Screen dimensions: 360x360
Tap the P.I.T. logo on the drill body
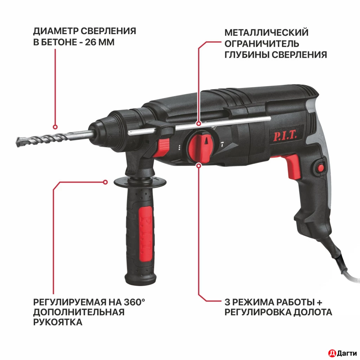coord(285,135)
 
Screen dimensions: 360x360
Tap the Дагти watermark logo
coord(342,353)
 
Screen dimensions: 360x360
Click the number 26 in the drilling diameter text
coord(90,42)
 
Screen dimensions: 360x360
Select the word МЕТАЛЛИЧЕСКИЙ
coord(266,32)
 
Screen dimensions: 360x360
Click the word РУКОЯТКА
coord(58,322)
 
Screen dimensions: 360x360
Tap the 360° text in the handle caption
coord(134,302)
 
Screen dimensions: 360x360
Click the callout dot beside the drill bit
coord(55,127)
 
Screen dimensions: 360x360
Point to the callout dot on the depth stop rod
coord(199,124)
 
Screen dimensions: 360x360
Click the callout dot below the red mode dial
coord(199,165)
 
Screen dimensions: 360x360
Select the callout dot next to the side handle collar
coord(105,182)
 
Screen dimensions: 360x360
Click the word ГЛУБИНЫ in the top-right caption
coord(247,55)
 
